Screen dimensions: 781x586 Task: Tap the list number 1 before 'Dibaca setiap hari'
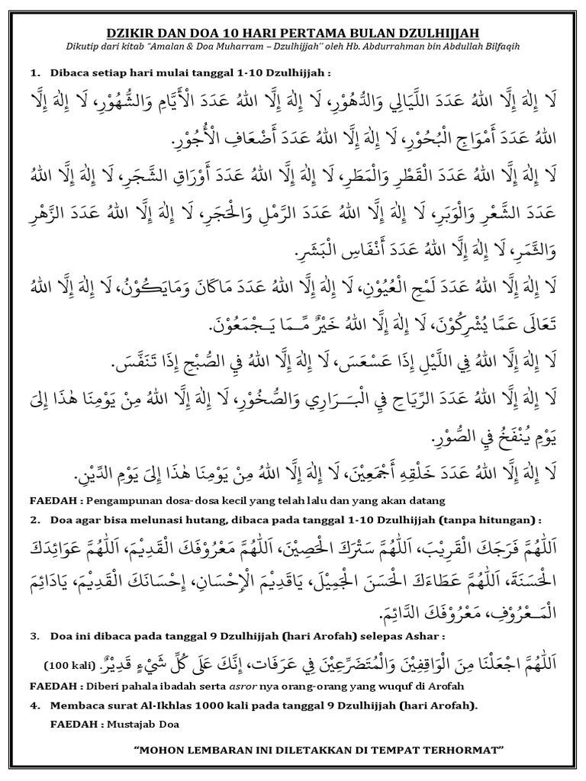35,73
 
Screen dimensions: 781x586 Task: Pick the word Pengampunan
124,500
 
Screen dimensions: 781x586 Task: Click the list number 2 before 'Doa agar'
35,520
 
